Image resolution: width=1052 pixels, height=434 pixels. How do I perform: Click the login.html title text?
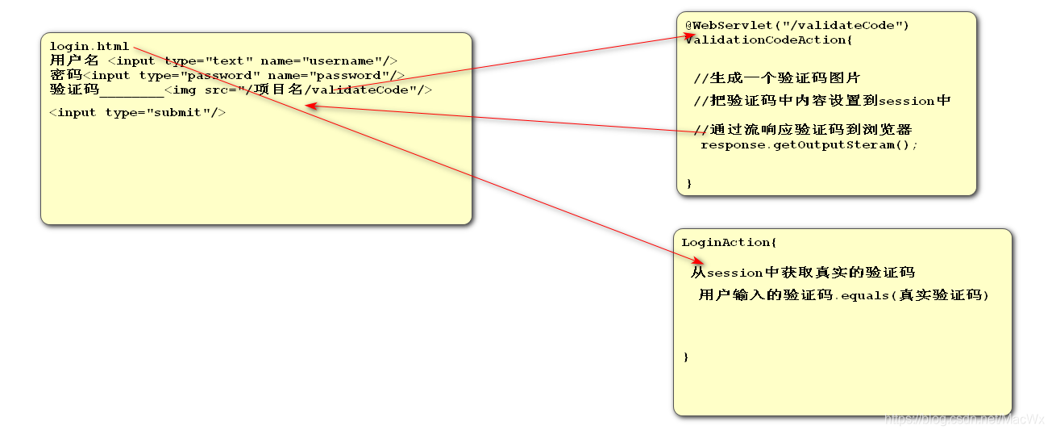[x=89, y=46]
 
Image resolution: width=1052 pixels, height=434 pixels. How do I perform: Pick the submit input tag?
[x=137, y=112]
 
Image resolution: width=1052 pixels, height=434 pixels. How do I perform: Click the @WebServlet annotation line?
[x=797, y=25]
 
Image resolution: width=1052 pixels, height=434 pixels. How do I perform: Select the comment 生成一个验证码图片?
[x=777, y=78]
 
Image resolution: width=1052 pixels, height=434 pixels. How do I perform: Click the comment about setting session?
[x=822, y=101]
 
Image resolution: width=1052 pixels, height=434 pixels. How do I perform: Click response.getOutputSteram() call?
[x=809, y=144]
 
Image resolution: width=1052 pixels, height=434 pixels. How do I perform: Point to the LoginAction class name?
[x=726, y=242]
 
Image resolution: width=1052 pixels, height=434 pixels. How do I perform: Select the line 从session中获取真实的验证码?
[x=803, y=273]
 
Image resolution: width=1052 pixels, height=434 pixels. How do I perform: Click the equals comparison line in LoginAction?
[x=843, y=295]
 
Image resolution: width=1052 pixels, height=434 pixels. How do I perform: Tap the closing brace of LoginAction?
[x=686, y=357]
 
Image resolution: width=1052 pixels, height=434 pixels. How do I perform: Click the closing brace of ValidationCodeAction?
[x=689, y=184]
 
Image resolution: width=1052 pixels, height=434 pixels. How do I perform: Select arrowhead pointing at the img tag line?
[x=310, y=106]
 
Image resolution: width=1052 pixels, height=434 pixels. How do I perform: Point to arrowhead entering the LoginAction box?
[x=698, y=260]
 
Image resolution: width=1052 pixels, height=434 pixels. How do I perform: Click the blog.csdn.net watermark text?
[x=964, y=419]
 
